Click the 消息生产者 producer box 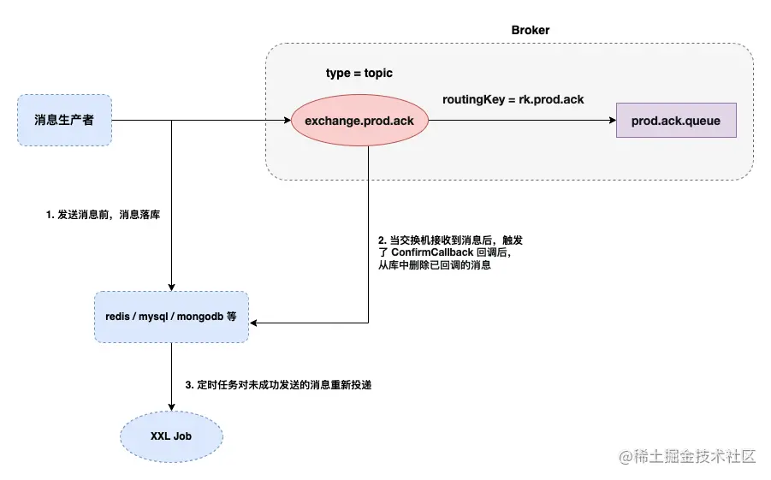tap(64, 120)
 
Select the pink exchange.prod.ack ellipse tap(359, 121)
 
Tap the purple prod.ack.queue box tap(675, 121)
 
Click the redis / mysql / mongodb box tap(171, 317)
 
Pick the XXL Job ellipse tap(171, 436)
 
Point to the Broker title tap(531, 30)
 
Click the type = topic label tap(359, 73)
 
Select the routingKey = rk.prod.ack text tap(513, 99)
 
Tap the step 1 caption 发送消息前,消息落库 tap(104, 216)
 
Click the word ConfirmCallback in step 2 tap(433, 253)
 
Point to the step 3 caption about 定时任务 tap(278, 385)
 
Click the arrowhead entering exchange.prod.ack tap(287, 121)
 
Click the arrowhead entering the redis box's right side tap(253, 323)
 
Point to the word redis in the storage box tap(117, 317)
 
